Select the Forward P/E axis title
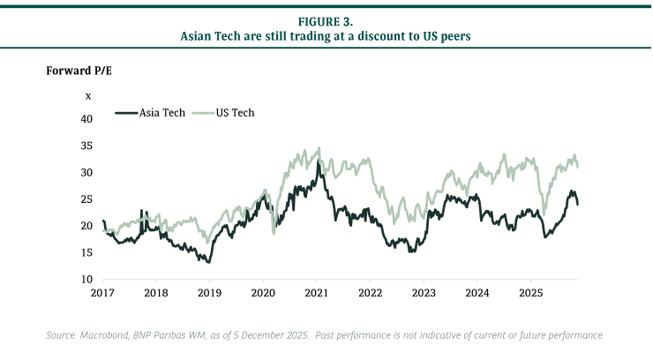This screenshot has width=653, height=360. (79, 70)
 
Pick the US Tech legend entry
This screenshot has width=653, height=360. (236, 113)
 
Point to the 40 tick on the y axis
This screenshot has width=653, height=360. (86, 118)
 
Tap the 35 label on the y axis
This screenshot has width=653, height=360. (86, 146)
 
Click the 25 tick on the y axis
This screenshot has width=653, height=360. (86, 199)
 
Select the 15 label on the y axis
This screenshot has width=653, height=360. (86, 253)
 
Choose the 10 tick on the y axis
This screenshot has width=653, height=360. (86, 280)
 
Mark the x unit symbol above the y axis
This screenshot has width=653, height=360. (87, 95)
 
